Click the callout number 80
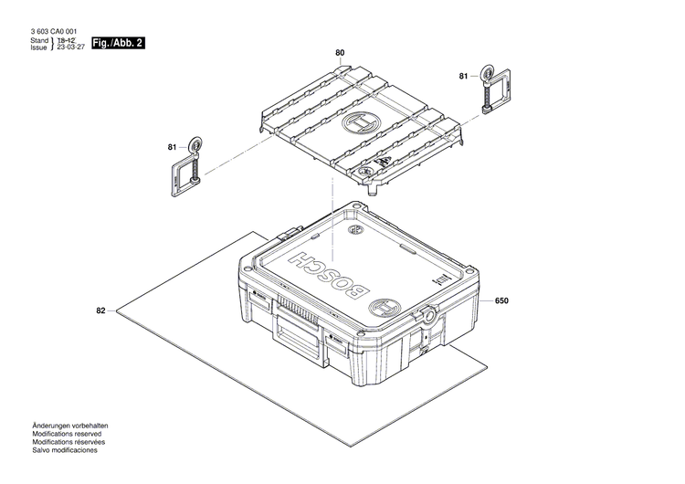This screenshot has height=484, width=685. (340, 54)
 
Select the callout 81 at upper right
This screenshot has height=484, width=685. (463, 76)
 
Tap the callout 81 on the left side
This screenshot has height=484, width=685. (172, 147)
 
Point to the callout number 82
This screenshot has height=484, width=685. (100, 311)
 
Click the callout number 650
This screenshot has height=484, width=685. (501, 300)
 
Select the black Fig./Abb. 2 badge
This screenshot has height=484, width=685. (119, 43)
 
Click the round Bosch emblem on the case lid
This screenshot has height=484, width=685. (386, 307)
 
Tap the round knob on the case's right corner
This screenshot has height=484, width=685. (427, 316)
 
